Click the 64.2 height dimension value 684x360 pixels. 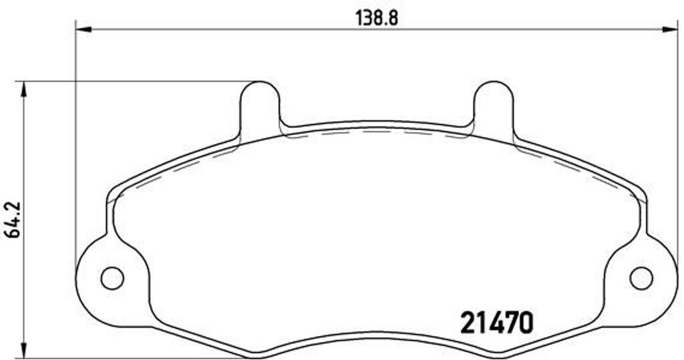point(12,218)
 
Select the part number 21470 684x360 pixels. point(497,323)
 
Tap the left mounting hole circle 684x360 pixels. point(112,278)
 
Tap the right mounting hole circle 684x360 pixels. point(641,278)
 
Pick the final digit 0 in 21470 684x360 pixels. point(526,323)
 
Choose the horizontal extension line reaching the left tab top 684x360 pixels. point(134,81)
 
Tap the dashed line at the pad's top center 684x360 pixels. point(376,131)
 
